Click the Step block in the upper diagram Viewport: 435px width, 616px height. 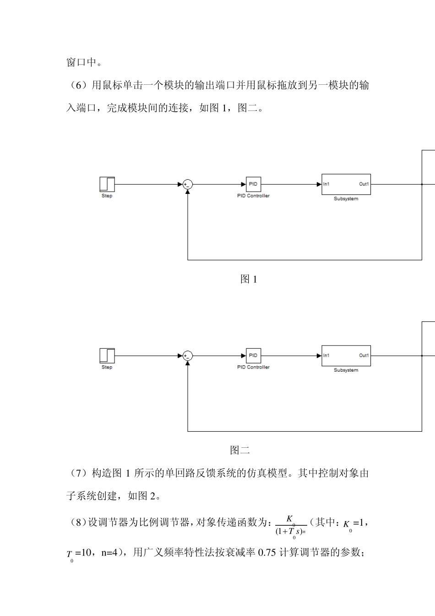(107, 184)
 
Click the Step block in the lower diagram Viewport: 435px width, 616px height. (107, 356)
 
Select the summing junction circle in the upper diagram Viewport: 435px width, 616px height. (188, 185)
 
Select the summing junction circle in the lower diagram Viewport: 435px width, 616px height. (188, 356)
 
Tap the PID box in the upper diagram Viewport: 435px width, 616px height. (253, 184)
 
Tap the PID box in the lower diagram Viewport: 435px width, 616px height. (253, 356)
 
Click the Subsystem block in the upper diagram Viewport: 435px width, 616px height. (346, 184)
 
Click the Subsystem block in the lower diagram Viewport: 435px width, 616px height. (346, 356)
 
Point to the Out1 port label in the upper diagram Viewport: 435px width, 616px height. (364, 184)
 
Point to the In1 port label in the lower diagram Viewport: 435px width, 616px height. (326, 356)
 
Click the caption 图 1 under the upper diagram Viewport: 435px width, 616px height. (249, 279)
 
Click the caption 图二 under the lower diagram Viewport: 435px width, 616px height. (240, 451)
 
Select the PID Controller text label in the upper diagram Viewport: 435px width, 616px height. (253, 196)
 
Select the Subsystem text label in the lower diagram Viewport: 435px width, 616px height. (346, 370)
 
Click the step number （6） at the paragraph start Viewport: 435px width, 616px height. (78, 85)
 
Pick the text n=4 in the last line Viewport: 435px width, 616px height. (110, 552)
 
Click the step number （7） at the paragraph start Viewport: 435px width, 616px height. (78, 473)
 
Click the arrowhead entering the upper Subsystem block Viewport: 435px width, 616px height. (319, 184)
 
